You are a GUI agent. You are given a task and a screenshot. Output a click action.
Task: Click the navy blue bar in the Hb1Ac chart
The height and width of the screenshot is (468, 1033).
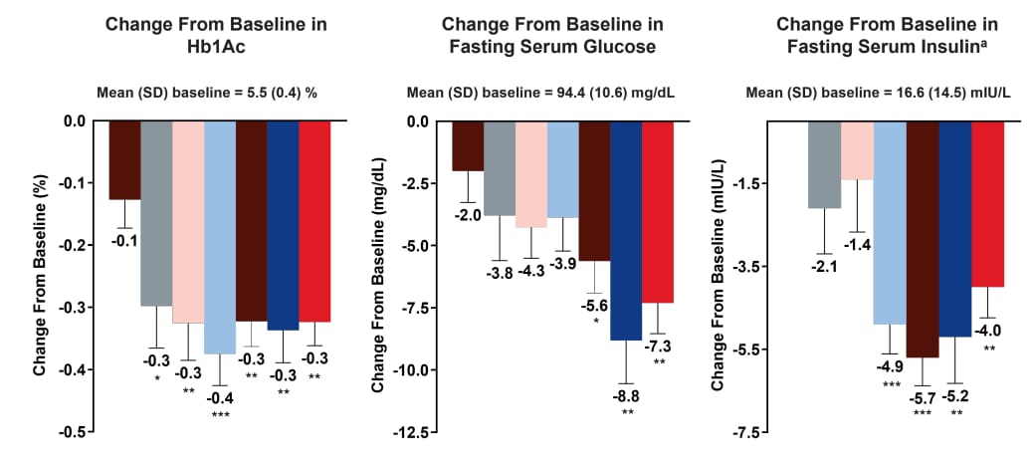(284, 225)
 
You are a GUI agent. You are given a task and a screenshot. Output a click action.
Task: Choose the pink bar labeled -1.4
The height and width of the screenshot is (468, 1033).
(858, 150)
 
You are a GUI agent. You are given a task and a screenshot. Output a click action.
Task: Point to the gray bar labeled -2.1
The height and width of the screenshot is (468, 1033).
(825, 164)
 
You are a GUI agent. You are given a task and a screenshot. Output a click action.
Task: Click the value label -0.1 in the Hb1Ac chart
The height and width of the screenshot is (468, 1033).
(124, 239)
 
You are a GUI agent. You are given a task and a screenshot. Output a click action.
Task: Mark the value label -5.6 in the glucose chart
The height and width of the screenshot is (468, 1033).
(595, 306)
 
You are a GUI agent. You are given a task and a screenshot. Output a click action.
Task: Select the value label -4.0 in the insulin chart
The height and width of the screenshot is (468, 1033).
(988, 331)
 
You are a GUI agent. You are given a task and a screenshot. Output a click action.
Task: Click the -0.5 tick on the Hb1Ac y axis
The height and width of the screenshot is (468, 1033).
(73, 433)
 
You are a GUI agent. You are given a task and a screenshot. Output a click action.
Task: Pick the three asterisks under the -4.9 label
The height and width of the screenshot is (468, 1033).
(891, 384)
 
